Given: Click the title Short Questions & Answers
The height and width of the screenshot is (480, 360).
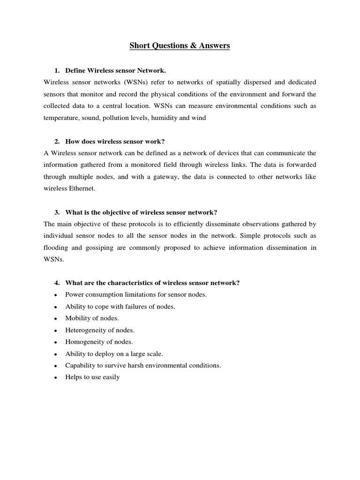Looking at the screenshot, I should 180,46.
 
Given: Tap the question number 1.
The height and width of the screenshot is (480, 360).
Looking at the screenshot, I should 57,70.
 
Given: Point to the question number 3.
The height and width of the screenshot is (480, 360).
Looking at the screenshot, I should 57,212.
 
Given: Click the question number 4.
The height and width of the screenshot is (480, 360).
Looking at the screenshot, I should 57,283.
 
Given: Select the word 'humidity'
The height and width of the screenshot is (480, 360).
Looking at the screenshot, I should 165,118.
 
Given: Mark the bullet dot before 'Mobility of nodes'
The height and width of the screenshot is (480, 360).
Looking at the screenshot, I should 55,319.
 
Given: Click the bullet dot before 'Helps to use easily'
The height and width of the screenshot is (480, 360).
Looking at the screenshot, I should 55,377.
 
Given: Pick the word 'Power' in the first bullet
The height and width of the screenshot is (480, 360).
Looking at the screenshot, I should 74,295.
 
